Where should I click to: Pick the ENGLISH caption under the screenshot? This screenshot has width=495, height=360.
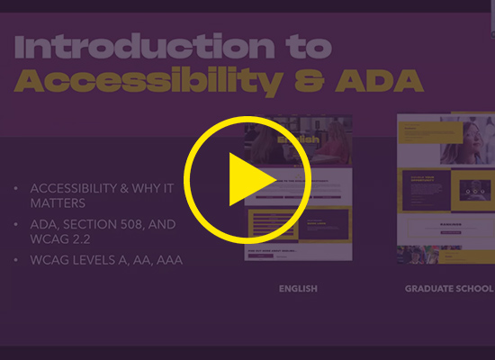point(298,289)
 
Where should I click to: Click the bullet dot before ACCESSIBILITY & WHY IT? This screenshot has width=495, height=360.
point(16,188)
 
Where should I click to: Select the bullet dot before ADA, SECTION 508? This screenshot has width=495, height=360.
point(16,224)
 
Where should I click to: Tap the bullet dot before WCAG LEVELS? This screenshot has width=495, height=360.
point(16,261)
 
